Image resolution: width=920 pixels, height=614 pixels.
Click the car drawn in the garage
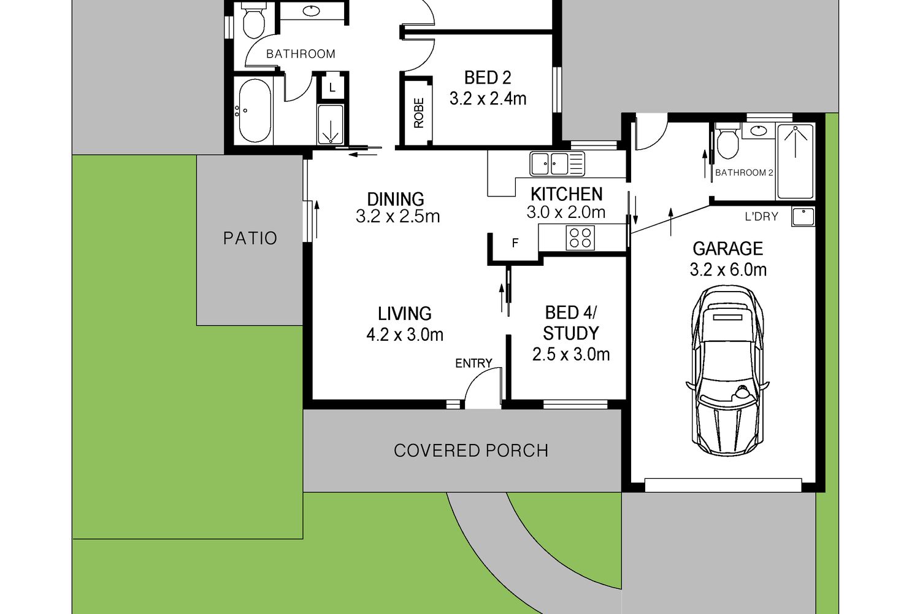tap(727, 370)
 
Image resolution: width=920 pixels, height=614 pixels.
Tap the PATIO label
tap(250, 238)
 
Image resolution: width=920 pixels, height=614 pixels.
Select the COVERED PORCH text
tap(471, 451)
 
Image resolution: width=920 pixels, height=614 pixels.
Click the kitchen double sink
tap(557, 164)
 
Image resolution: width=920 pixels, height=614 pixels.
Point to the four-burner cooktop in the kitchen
tap(580, 238)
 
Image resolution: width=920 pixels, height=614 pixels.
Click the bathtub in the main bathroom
tap(255, 111)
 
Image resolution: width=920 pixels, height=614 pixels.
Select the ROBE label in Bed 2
tap(418, 113)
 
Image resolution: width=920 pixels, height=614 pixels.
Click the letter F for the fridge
tap(515, 243)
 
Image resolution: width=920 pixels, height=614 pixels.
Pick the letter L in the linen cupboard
tap(332, 88)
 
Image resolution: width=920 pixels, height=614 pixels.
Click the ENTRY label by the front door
tap(473, 363)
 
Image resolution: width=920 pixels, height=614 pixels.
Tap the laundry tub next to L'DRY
tap(803, 217)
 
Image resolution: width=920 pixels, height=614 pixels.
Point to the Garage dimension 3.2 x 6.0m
tap(728, 270)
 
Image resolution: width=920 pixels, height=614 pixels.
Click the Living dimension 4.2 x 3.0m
tap(405, 335)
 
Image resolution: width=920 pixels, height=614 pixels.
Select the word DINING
tap(396, 199)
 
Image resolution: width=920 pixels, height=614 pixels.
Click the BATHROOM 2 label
tap(744, 173)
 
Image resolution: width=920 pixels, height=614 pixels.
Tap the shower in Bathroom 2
tap(795, 161)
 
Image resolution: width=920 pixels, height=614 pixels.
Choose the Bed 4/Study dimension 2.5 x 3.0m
tap(571, 354)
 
